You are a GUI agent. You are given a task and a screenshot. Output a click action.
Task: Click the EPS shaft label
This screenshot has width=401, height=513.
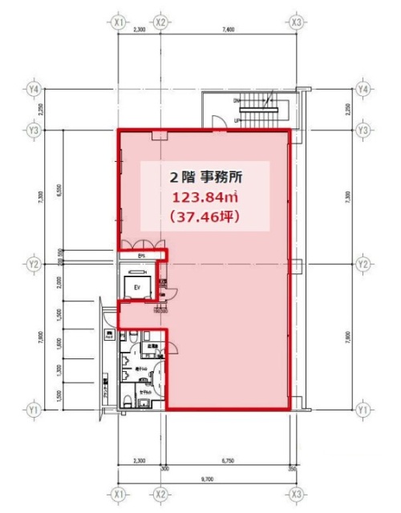coord(141,256)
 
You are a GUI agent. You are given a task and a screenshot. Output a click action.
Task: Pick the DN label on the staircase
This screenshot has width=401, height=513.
coord(237,100)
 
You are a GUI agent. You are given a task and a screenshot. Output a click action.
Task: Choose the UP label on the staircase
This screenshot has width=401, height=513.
coord(237,121)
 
